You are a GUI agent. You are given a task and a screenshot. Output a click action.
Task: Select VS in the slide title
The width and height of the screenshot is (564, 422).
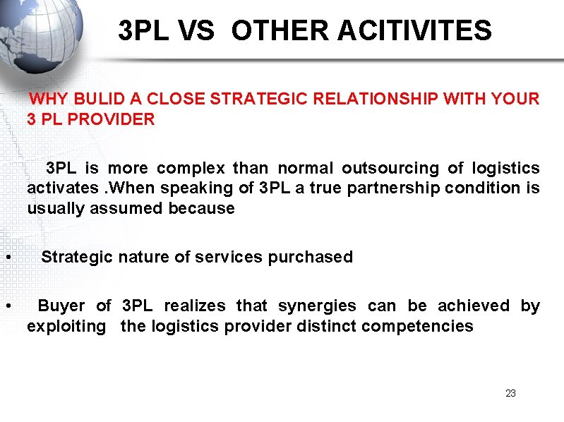(198, 31)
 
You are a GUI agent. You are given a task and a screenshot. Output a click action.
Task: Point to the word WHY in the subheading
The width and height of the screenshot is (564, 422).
(49, 99)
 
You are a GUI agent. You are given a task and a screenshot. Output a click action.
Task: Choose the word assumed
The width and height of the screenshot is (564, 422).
(201, 208)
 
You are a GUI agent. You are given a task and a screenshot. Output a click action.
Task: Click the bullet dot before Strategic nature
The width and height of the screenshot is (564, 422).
(6, 258)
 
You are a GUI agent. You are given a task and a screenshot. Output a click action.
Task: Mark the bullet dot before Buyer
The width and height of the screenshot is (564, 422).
(6, 306)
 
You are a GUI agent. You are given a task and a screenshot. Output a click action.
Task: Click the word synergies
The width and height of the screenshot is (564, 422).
(317, 306)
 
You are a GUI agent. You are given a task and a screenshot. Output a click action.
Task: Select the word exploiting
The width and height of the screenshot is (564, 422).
(66, 326)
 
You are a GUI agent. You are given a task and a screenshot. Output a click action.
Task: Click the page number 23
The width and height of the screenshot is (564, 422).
(511, 393)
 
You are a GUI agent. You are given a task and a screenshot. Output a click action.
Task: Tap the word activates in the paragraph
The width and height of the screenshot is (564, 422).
(63, 188)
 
